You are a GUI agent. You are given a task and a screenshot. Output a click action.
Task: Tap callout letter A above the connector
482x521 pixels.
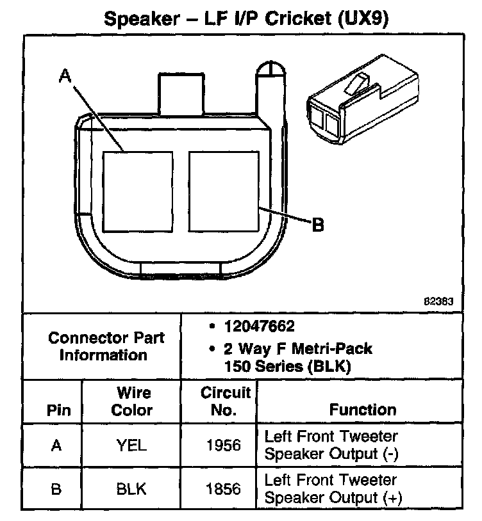pos(64,76)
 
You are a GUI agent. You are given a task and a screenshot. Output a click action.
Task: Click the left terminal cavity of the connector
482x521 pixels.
pos(138,191)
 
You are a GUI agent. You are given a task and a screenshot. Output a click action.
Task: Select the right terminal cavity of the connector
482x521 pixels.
pos(224,191)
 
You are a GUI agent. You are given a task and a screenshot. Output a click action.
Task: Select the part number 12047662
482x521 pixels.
pos(259,326)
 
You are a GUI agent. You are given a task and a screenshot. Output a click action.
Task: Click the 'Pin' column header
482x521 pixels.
pos(59,410)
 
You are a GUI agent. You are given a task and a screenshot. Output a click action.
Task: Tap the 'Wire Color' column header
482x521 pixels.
pos(132,401)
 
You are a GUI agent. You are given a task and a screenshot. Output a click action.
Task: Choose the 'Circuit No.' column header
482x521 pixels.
pos(225,401)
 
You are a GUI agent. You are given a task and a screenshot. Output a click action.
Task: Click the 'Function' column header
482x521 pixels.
pos(363,410)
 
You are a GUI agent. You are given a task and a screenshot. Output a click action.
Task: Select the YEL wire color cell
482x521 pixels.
pos(132,445)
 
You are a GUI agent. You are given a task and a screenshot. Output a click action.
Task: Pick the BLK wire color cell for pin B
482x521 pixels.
pos(132,489)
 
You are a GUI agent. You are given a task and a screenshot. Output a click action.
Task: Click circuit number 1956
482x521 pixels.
pos(225,445)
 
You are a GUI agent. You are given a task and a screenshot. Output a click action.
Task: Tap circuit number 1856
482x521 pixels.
pos(225,489)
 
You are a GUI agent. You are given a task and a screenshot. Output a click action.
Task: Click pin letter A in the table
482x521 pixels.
pos(58,445)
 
